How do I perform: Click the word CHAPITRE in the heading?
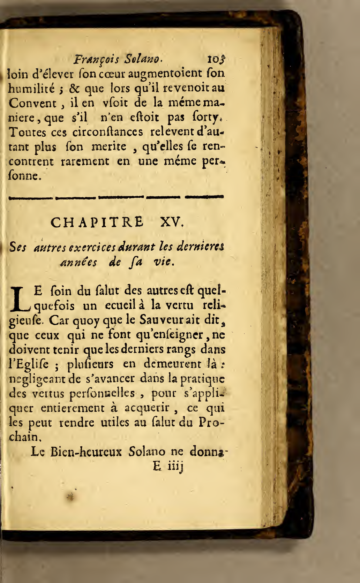(x=97, y=222)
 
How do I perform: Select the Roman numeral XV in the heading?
(x=171, y=222)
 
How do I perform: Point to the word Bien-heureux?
(x=86, y=452)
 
